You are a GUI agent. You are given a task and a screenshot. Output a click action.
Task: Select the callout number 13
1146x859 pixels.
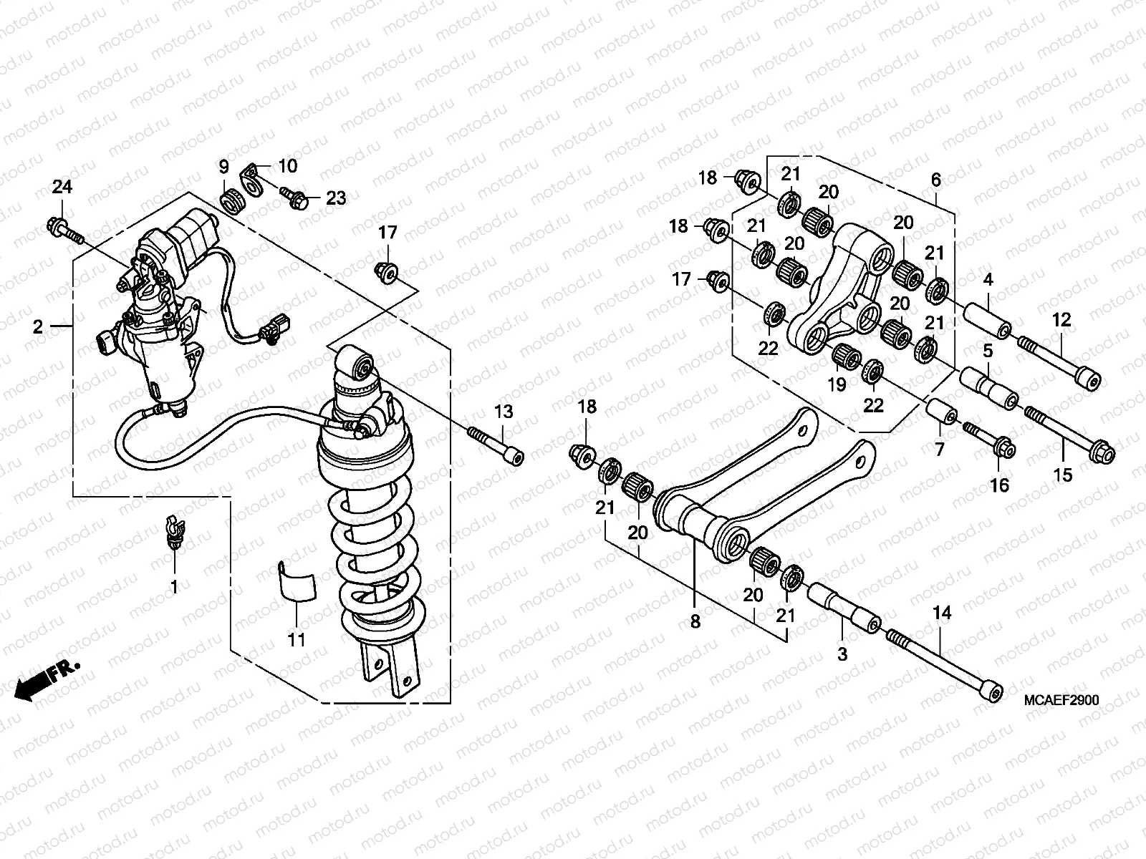coord(504,412)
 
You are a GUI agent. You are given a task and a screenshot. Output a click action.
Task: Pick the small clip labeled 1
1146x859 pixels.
coord(173,532)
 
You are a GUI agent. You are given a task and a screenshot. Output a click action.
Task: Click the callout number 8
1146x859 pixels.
coord(695,622)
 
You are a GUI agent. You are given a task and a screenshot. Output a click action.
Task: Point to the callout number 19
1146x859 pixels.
coord(837,384)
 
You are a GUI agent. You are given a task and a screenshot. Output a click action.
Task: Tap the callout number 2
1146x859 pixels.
coord(37,327)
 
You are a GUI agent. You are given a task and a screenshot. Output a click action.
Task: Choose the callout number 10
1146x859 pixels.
coord(287,167)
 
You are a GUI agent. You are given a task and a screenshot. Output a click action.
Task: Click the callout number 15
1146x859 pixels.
coord(1063,474)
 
